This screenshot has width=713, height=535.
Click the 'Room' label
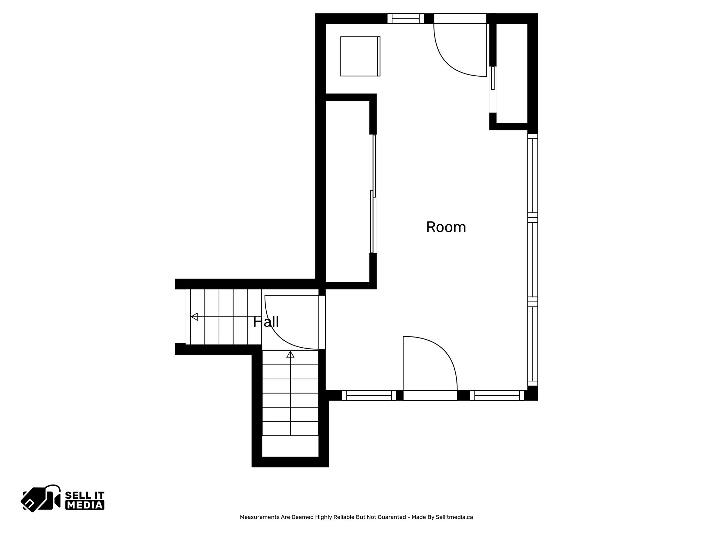pyautogui.click(x=446, y=227)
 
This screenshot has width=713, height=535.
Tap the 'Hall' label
pyautogui.click(x=266, y=322)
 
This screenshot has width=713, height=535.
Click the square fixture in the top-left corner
pyautogui.click(x=360, y=56)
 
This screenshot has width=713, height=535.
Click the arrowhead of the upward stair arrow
pyautogui.click(x=290, y=355)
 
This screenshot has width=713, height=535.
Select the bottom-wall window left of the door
pyautogui.click(x=369, y=395)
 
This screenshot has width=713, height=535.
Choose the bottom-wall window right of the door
pyautogui.click(x=497, y=395)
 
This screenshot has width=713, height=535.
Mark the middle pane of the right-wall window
pyautogui.click(x=533, y=259)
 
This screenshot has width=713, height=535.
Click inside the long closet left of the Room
pyautogui.click(x=347, y=192)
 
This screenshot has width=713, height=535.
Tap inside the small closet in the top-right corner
pyautogui.click(x=512, y=73)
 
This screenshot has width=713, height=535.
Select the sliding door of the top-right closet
pyautogui.click(x=493, y=78)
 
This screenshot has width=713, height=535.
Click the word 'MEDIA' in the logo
pyautogui.click(x=85, y=505)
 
